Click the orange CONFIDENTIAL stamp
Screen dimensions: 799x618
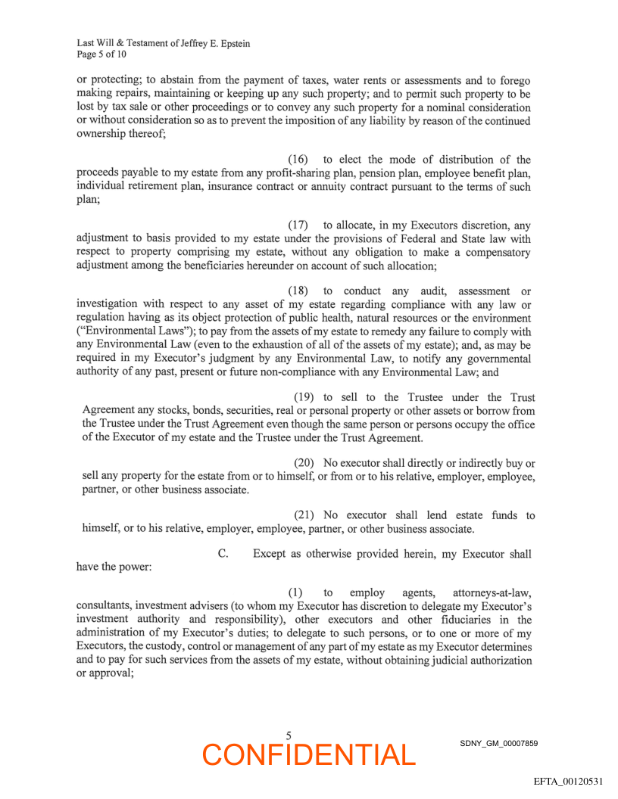(309, 754)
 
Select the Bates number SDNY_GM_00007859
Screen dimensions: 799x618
(498, 744)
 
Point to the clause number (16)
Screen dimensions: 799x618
(298, 160)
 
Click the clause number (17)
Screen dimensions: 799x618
(298, 225)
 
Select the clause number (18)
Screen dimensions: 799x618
(298, 291)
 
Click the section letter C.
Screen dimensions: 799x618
(223, 554)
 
